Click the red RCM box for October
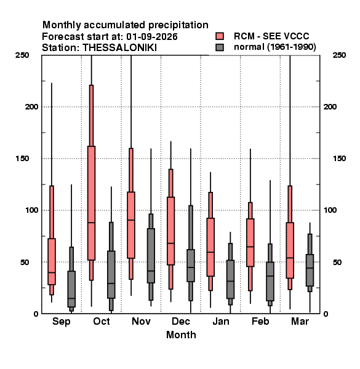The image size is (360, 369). point(91,203)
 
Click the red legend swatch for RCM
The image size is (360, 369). point(220,36)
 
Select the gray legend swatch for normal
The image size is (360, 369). point(220,47)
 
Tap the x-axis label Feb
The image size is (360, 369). point(260,321)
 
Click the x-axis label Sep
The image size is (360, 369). point(61,322)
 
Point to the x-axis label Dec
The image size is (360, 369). point(181,321)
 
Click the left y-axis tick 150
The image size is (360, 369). point(22,159)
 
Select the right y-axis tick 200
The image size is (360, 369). point(330,106)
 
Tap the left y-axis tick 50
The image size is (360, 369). point(25,262)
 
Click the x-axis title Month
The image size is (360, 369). point(181,335)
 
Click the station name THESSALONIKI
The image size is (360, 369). point(120,48)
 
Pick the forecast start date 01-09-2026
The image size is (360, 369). point(152,36)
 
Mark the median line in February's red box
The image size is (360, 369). point(250,247)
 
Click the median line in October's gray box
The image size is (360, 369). point(111,284)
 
